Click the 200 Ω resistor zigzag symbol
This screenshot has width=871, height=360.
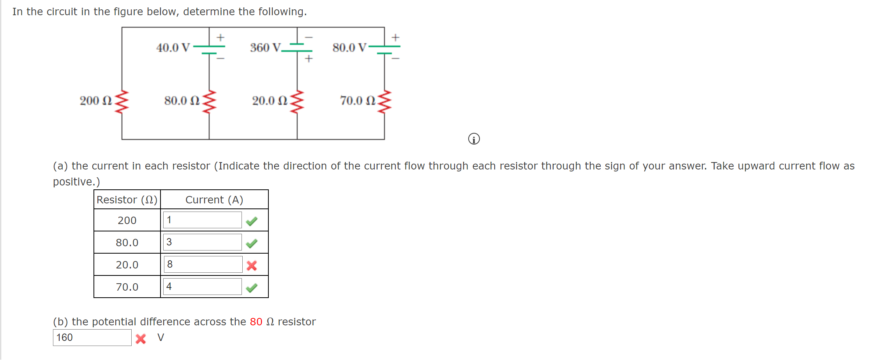pyautogui.click(x=122, y=102)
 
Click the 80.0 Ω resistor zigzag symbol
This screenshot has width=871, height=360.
pyautogui.click(x=209, y=102)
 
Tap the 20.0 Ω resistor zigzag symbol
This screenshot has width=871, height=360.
pyautogui.click(x=297, y=102)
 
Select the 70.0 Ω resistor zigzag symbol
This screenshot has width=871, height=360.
pyautogui.click(x=384, y=102)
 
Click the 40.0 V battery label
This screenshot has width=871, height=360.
pyautogui.click(x=173, y=48)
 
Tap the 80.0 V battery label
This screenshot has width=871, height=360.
pyautogui.click(x=349, y=48)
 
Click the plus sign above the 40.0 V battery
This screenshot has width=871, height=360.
pyautogui.click(x=220, y=37)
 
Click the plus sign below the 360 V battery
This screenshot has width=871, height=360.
pyautogui.click(x=309, y=58)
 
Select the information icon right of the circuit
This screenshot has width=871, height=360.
pyautogui.click(x=474, y=139)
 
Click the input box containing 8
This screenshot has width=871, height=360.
pyautogui.click(x=203, y=265)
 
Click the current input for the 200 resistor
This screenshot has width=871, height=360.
pyautogui.click(x=203, y=220)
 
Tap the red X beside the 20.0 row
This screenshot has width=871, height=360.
pyautogui.click(x=252, y=266)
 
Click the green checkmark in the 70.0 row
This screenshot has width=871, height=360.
pyautogui.click(x=252, y=288)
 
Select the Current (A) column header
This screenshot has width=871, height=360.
pyautogui.click(x=214, y=199)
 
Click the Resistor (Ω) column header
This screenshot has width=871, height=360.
pyautogui.click(x=127, y=199)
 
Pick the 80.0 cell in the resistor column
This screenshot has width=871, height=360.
pyautogui.click(x=127, y=242)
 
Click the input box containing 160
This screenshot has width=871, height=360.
pyautogui.click(x=92, y=337)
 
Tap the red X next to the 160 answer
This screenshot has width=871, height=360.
pyautogui.click(x=141, y=339)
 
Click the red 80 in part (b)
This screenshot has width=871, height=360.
pyautogui.click(x=256, y=322)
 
